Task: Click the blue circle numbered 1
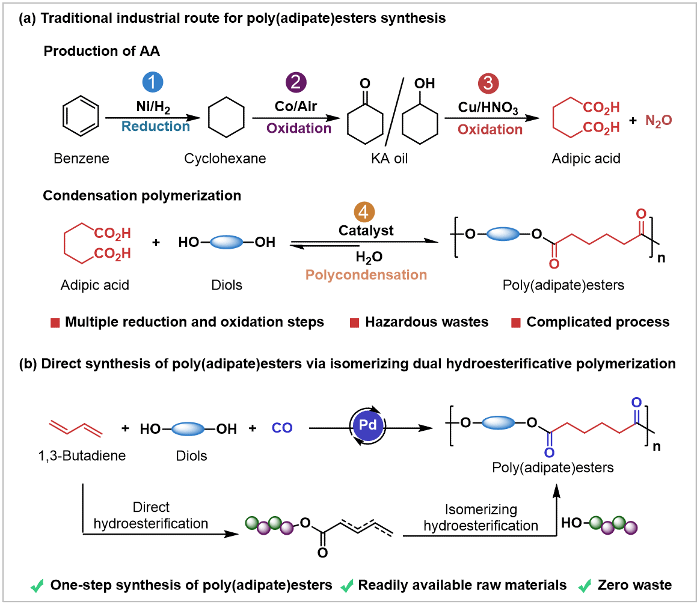pos(153,82)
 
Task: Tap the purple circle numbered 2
pos(296,82)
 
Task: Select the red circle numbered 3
pos(488,84)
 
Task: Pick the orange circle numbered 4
pos(364,211)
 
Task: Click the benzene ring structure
pos(81,116)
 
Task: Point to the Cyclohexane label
pos(225,158)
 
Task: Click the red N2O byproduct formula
pos(659,120)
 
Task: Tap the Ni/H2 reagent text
pos(153,107)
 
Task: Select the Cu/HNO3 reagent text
pos(488,108)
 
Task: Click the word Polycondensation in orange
pos(366,275)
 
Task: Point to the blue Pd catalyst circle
pos(368,425)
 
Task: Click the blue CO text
pos(282,428)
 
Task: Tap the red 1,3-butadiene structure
pos(76,427)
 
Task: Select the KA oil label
pos(389,158)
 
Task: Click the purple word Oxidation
pos(299,129)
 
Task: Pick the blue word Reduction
pos(156,127)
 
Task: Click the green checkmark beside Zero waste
pos(585,585)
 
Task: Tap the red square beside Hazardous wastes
pos(354,323)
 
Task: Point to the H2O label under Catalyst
pos(369,257)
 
